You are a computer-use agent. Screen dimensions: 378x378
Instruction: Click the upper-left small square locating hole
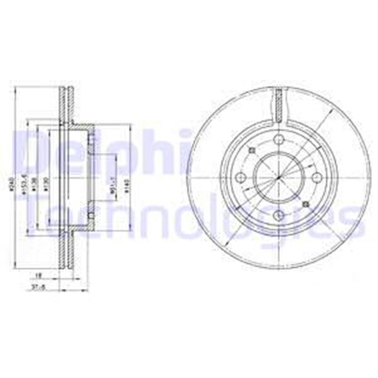(252, 151)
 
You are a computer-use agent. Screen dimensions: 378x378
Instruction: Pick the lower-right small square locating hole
(305, 204)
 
